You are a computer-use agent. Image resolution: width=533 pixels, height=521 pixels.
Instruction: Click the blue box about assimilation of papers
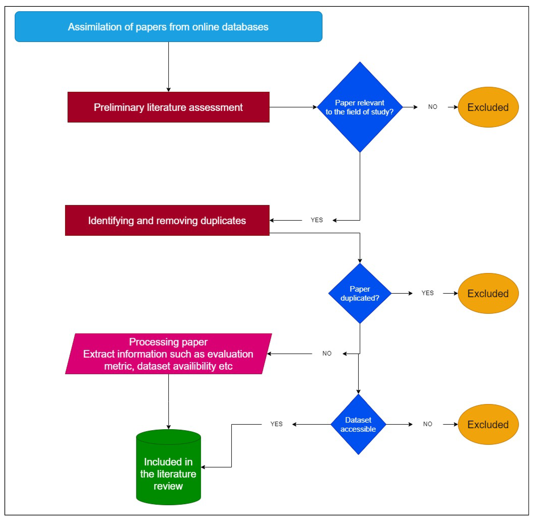tap(168, 27)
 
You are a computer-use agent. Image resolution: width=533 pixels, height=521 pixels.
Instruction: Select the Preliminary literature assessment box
tap(168, 107)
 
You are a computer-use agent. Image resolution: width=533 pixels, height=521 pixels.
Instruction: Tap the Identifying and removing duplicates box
tap(167, 220)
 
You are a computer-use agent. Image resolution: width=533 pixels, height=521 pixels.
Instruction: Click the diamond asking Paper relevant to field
tap(359, 107)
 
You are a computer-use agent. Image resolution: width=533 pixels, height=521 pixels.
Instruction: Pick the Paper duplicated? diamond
tap(359, 293)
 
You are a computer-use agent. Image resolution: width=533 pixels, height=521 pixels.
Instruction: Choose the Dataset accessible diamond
tap(358, 424)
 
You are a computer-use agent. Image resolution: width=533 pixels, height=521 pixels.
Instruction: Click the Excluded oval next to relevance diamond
tap(488, 107)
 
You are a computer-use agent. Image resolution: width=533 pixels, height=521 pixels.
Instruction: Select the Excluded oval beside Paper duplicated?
tap(488, 293)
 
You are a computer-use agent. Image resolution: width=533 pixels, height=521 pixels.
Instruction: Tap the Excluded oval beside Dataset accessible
tap(488, 424)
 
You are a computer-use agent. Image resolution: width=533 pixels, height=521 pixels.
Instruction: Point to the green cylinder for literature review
tap(168, 471)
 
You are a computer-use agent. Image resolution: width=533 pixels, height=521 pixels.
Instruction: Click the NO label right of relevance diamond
tap(432, 107)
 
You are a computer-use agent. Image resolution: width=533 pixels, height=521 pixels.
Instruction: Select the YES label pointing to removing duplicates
tap(317, 220)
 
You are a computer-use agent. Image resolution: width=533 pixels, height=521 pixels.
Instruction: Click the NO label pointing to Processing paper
tap(327, 353)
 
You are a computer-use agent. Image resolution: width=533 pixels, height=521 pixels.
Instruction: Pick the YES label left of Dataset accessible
tap(276, 424)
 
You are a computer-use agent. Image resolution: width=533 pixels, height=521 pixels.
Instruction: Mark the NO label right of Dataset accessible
tap(427, 424)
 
